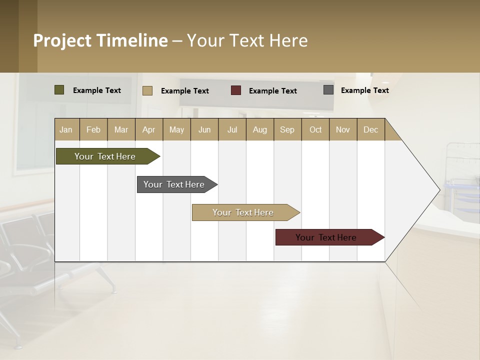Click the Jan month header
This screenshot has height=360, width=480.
(x=66, y=129)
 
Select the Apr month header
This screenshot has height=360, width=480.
(x=148, y=129)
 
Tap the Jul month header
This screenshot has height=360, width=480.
(x=232, y=129)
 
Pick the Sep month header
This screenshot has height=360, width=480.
(x=287, y=129)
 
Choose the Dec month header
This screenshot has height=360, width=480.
(x=370, y=129)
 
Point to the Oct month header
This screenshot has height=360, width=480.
(x=315, y=129)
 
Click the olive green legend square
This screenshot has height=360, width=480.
(x=59, y=90)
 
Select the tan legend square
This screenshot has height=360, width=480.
(x=147, y=90)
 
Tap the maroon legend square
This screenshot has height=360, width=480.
(x=236, y=90)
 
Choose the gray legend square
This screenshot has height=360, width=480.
(x=328, y=90)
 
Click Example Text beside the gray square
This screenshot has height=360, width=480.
(x=364, y=90)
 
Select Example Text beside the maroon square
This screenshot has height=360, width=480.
(x=272, y=91)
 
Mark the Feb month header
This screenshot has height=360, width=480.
(x=93, y=129)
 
